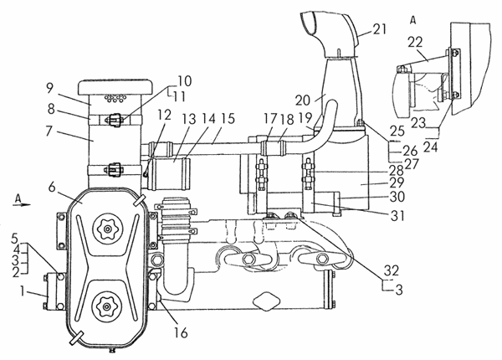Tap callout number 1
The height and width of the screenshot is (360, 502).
tap(24, 292)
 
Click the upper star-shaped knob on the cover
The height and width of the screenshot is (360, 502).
tap(106, 228)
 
